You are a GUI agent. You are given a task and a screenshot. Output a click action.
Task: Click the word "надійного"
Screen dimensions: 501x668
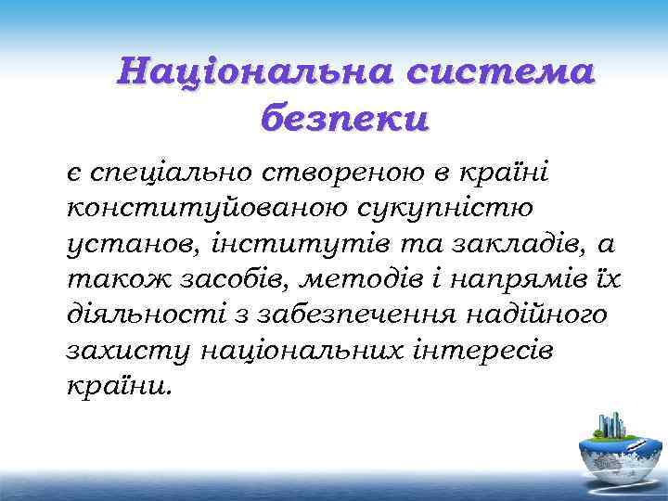(x=530, y=315)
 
